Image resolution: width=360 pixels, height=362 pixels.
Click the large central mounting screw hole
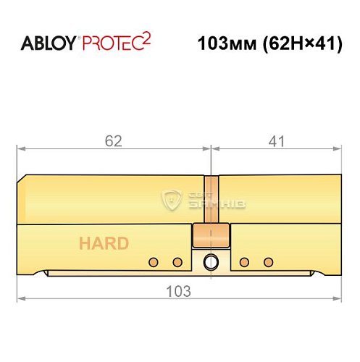coord(210,261)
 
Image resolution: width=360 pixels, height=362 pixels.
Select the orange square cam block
coord(211,235)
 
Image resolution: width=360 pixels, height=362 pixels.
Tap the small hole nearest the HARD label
coord(153,261)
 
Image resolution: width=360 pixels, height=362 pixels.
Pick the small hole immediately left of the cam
coord(176,261)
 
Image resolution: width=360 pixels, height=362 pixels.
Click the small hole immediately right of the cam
coord(245,261)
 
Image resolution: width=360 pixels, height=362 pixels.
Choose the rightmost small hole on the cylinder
coord(268,261)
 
